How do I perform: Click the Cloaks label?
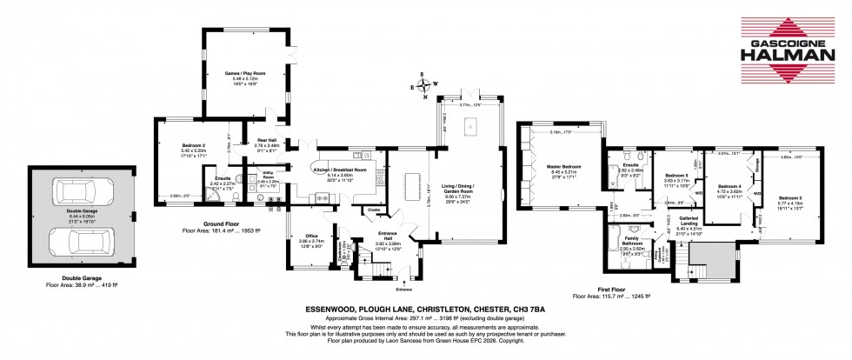pyautogui.click(x=374, y=210)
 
